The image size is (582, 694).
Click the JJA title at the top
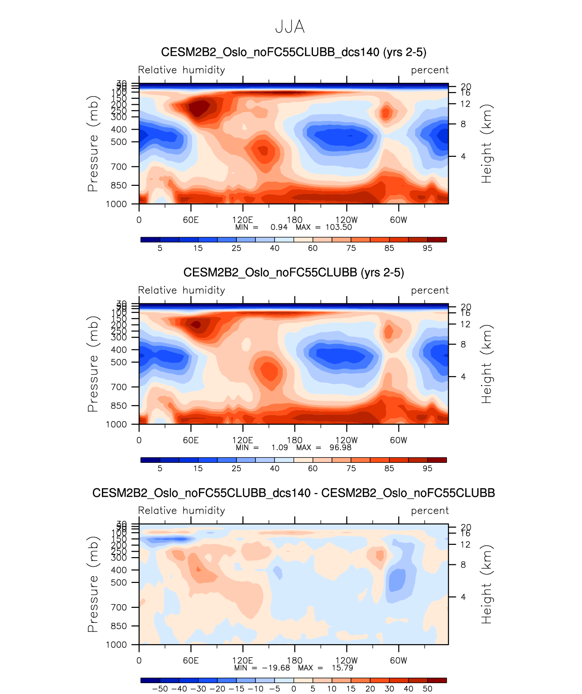(290, 28)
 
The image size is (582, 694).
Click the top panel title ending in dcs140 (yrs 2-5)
(293, 52)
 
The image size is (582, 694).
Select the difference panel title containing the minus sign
(293, 493)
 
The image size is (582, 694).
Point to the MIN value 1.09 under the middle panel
(279, 447)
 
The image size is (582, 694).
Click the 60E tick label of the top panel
(191, 220)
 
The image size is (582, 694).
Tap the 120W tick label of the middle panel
(346, 440)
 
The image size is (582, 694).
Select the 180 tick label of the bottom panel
(294, 660)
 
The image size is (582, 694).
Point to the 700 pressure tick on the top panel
(119, 167)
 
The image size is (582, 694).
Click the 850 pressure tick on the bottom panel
(119, 626)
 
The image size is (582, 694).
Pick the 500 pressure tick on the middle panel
(119, 362)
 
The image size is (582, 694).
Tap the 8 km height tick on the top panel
(463, 124)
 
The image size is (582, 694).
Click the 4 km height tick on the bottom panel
(463, 597)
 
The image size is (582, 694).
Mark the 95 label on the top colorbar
(428, 248)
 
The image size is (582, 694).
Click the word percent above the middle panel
(430, 290)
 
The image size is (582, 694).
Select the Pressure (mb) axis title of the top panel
(93, 144)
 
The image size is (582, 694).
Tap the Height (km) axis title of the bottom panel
(486, 585)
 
